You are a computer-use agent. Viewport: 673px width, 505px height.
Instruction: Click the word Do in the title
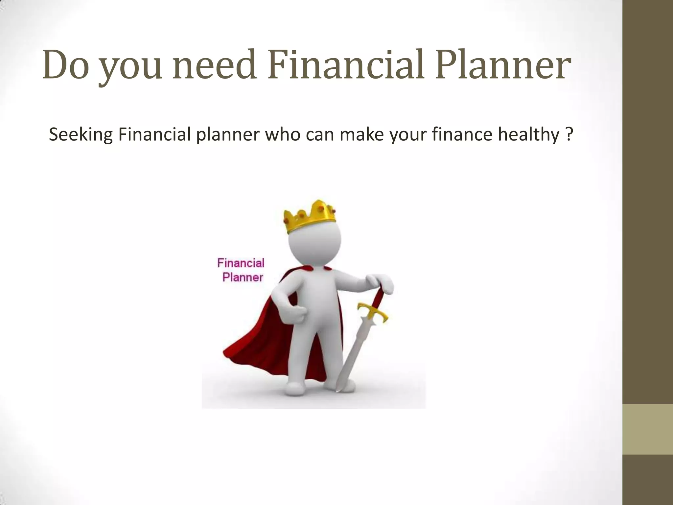click(x=65, y=65)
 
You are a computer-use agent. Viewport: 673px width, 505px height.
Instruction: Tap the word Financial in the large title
click(x=345, y=65)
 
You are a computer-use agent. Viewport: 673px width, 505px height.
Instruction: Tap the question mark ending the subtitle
click(x=569, y=135)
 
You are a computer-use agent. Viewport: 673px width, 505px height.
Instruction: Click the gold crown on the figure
click(x=310, y=217)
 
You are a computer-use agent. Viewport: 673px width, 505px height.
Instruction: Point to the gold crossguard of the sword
click(x=373, y=311)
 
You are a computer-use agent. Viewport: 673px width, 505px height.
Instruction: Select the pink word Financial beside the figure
click(x=241, y=263)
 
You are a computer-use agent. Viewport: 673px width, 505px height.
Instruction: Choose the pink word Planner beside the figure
click(x=243, y=277)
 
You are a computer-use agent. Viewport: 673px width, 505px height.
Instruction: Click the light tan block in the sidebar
click(x=648, y=429)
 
